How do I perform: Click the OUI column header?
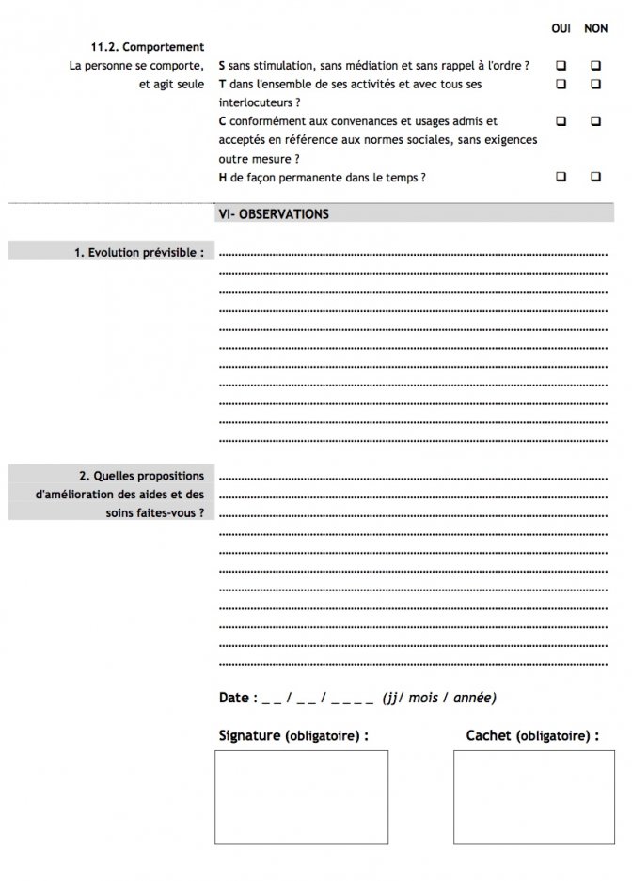pos(561,29)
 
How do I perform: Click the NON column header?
pos(595,29)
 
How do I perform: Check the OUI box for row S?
pos(561,66)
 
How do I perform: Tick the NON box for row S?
pos(595,66)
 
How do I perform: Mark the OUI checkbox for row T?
pos(561,84)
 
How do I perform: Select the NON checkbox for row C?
pos(595,121)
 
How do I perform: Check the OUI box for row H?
pos(561,176)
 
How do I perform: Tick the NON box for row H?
pos(595,176)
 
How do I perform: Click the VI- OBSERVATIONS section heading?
pos(273,214)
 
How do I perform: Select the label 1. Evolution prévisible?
pos(139,252)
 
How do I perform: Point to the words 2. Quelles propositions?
pos(141,476)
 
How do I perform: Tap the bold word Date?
pos(234,698)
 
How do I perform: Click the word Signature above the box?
pos(249,735)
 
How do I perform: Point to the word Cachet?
pos(489,735)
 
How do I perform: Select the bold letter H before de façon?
pos(221,177)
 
